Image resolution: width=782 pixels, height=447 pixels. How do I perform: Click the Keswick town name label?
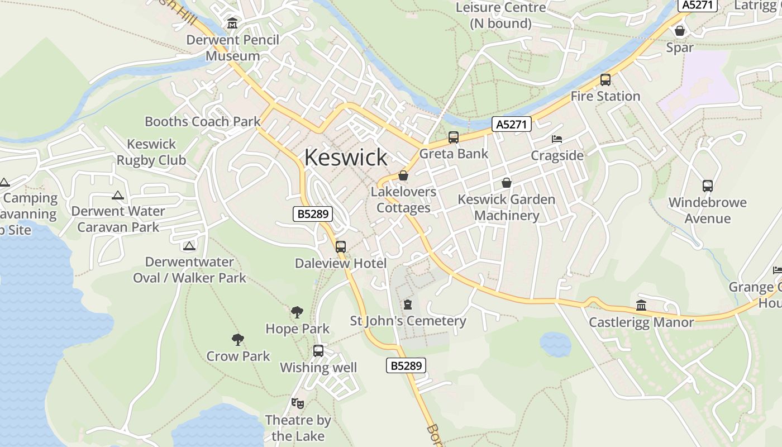coord(345,158)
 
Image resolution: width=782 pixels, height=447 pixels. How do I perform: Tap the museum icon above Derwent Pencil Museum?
coord(232,23)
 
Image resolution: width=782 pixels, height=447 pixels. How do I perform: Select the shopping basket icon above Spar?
coord(680,31)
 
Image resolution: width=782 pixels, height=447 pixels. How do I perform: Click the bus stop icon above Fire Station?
coord(605,80)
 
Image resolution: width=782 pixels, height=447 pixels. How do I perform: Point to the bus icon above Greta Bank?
coord(454,137)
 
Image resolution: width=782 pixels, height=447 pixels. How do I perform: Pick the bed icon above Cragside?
coord(557,139)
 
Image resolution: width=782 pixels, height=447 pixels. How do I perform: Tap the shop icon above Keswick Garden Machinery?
coord(507,183)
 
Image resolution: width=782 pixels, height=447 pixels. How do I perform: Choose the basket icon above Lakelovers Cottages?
coord(403,176)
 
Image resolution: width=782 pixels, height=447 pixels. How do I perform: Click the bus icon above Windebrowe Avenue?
coord(708,186)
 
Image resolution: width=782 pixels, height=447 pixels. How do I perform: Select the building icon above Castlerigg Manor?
coord(641,306)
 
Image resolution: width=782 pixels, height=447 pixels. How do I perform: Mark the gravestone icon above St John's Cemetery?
coord(408,305)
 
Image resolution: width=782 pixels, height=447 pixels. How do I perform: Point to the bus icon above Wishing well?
coord(318,351)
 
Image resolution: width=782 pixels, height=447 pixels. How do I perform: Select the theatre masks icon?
coord(298,403)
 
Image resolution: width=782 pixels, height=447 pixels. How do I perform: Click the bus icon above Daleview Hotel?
coord(341,246)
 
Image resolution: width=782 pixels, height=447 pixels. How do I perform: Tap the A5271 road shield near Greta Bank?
coord(511,124)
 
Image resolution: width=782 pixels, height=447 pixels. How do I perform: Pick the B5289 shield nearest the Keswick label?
coord(313,213)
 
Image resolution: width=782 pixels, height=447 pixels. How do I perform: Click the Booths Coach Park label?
coord(203,121)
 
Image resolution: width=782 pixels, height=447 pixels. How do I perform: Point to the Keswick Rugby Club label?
coord(151,152)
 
